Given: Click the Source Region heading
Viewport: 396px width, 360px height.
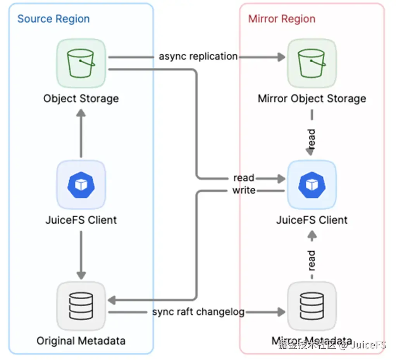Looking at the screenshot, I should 53,19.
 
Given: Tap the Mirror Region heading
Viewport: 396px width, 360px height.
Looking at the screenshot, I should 282,19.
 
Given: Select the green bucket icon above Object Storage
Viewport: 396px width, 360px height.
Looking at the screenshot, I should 81,63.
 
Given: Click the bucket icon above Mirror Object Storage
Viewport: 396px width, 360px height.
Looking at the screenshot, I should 312,63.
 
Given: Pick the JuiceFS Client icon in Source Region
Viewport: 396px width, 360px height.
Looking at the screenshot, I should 81,185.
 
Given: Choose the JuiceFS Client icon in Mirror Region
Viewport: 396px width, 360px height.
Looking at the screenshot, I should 312,185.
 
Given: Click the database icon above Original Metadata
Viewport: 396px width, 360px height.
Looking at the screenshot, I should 81,305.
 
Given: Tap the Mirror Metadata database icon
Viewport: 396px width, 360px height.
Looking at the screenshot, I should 312,305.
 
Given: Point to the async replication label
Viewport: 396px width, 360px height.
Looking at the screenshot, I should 198,57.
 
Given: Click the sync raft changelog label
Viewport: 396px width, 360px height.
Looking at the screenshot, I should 198,312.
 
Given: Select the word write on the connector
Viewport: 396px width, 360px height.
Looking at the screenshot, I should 244,190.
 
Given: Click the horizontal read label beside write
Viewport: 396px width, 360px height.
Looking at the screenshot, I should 244,178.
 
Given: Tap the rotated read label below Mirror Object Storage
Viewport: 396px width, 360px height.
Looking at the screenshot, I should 312,138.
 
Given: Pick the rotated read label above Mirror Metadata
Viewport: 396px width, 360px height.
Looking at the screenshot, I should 312,260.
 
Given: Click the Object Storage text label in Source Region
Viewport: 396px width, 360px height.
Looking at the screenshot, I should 81,98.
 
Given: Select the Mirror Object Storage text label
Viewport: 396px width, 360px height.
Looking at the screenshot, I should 312,98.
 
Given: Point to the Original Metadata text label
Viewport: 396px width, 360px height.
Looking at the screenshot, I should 81,341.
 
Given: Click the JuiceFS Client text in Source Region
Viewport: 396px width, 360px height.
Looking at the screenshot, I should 81,220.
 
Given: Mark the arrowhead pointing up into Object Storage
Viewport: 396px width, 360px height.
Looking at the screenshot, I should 81,113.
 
